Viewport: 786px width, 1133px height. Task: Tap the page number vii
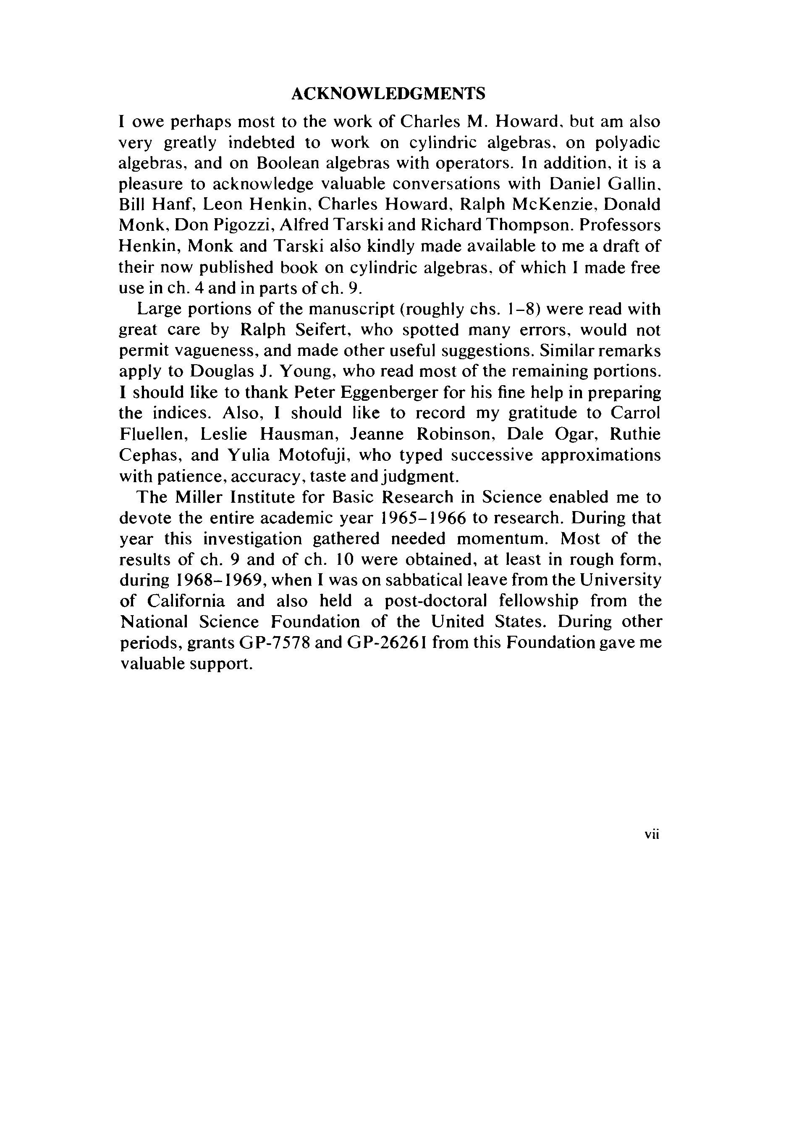[x=652, y=834]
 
